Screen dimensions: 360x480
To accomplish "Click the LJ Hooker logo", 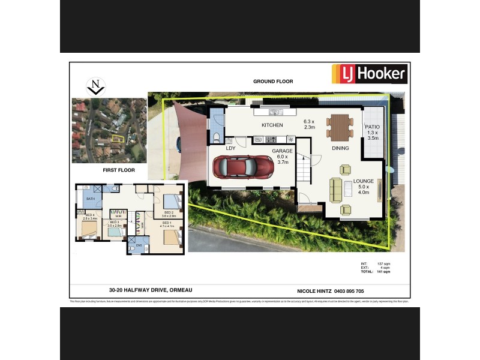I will click(370, 74).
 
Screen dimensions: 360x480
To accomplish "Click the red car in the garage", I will click(243, 169).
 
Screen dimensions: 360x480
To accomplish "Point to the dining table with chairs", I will click(340, 127).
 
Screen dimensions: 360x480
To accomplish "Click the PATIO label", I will click(372, 127).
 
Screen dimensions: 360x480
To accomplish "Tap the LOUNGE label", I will click(364, 181).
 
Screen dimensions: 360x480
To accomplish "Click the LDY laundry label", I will click(230, 148).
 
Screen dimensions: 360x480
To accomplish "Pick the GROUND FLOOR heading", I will click(273, 81).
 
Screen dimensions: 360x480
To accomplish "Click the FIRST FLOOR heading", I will click(118, 170).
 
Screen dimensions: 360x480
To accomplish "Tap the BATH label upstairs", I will click(91, 199).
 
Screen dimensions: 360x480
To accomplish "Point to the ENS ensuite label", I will click(138, 245).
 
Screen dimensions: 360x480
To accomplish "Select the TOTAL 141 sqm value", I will click(383, 272).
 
